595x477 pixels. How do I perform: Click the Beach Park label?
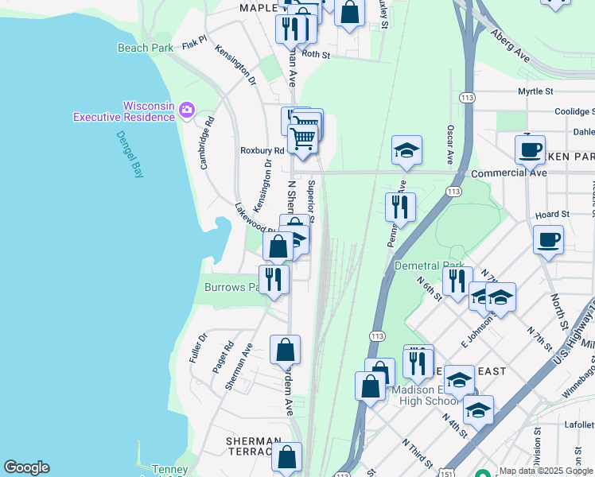146,48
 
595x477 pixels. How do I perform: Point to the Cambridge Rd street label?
206,144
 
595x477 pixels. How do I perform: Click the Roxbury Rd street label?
262,150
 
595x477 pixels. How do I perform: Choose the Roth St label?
316,55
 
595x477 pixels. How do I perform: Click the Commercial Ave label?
509,173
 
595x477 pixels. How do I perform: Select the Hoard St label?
553,215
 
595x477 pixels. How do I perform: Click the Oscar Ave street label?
450,144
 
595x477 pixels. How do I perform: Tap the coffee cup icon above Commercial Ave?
530,149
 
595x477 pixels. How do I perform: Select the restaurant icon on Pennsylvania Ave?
400,207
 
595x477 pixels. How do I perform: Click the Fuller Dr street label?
198,348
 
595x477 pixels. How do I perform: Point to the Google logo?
26,467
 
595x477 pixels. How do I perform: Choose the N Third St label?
416,452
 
